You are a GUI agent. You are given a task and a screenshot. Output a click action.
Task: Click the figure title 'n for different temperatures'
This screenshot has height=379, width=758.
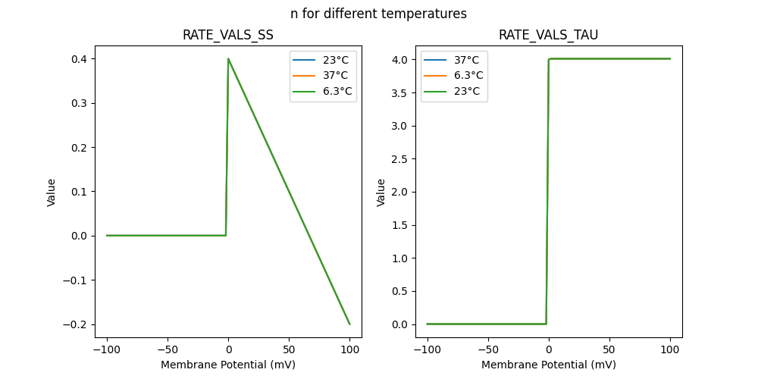pos(378,14)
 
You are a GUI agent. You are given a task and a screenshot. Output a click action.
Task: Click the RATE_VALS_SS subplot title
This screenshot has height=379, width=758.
pos(228,35)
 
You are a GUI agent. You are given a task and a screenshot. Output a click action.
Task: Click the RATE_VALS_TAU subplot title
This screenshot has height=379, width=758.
pos(548,35)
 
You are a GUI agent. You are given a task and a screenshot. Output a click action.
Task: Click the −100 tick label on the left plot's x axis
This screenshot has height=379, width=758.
pos(106,351)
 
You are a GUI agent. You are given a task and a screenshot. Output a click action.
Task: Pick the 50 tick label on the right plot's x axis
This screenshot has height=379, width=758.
pos(609,351)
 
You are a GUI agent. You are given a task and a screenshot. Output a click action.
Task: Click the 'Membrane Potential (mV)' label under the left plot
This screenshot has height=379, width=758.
pos(228,365)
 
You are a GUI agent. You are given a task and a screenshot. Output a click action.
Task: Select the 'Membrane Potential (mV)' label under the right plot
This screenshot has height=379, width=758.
pos(548,365)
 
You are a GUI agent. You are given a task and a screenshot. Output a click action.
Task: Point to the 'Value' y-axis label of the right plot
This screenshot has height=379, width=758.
pos(381,192)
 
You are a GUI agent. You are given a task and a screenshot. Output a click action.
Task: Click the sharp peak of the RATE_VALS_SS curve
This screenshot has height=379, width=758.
pos(228,58)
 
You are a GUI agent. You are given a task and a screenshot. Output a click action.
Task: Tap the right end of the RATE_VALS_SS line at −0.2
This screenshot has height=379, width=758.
pos(349,324)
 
